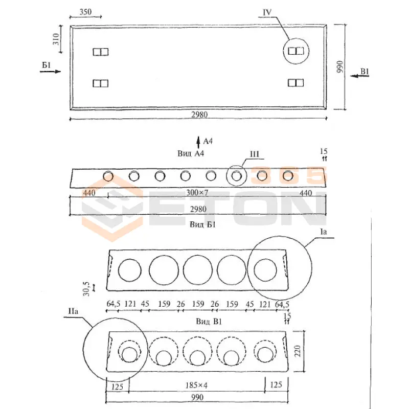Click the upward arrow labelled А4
[198, 141]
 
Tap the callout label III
[255, 153]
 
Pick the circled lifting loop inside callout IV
[296, 51]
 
